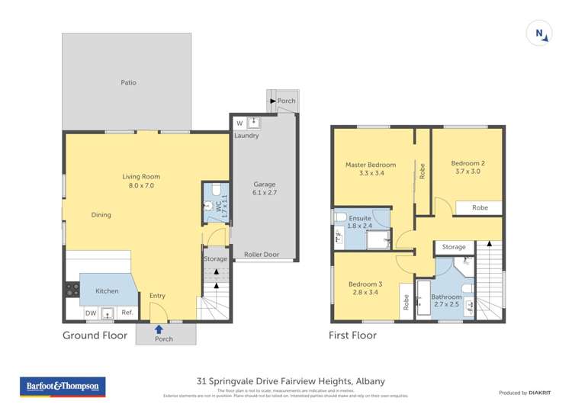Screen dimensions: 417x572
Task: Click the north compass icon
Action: pyautogui.click(x=539, y=33)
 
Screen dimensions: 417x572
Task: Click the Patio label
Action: pyautogui.click(x=128, y=82)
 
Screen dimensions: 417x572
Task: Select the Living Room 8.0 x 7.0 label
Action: pyautogui.click(x=141, y=181)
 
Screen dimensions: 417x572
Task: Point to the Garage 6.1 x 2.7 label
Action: pyautogui.click(x=265, y=189)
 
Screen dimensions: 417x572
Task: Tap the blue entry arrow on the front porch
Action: pyautogui.click(x=159, y=329)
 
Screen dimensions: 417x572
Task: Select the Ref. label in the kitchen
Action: pyautogui.click(x=127, y=312)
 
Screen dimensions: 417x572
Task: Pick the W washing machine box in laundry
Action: pyautogui.click(x=239, y=123)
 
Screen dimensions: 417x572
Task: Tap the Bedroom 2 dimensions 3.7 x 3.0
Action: pyautogui.click(x=468, y=172)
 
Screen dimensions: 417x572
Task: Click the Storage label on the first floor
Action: pyautogui.click(x=454, y=247)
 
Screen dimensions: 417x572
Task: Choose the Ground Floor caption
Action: pyautogui.click(x=95, y=335)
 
